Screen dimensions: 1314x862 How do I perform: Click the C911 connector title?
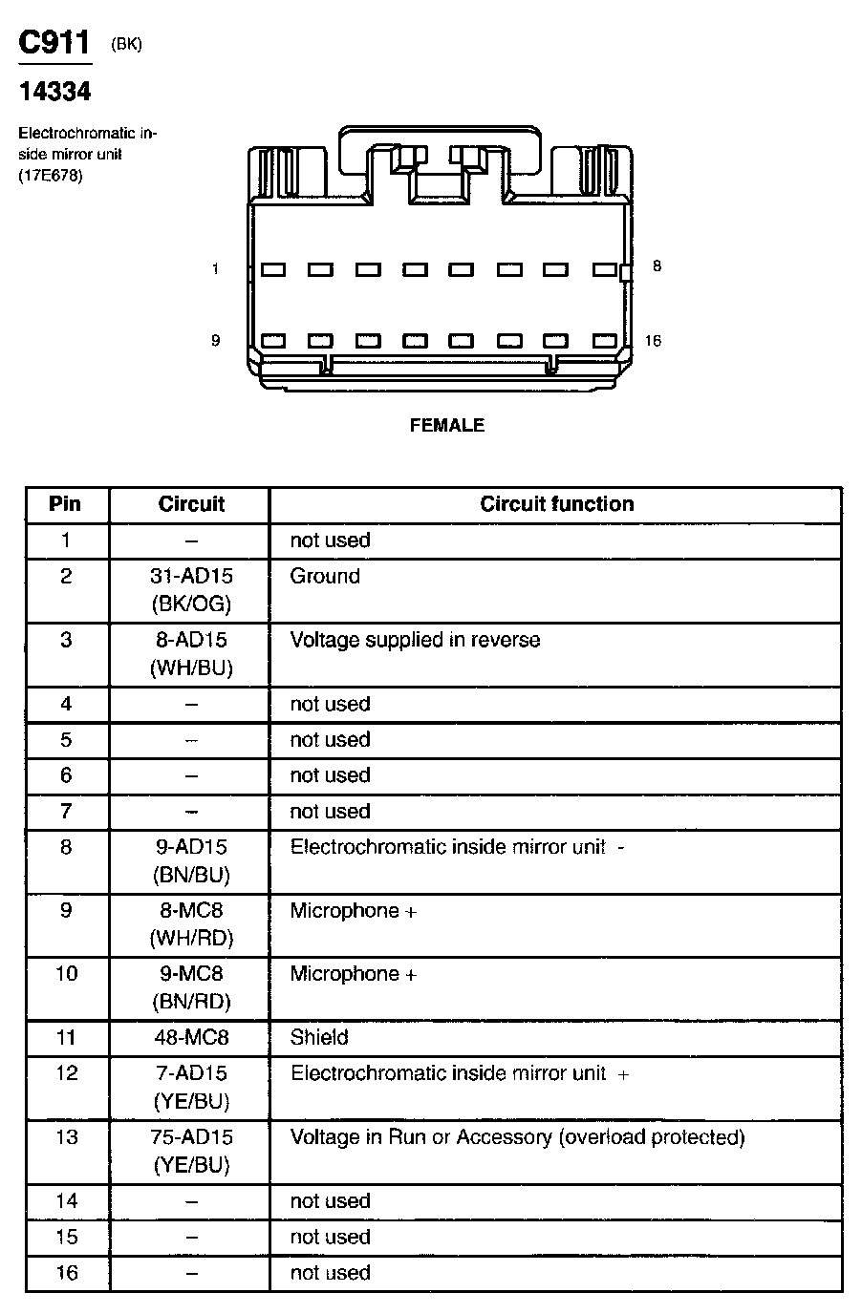pos(54,42)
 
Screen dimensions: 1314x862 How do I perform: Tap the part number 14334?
pos(54,92)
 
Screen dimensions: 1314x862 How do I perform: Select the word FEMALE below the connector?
pos(447,426)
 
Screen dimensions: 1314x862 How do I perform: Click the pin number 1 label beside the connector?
pos(215,269)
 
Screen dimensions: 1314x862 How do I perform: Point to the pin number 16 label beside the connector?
pos(653,341)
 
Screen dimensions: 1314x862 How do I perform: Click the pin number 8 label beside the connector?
pos(657,266)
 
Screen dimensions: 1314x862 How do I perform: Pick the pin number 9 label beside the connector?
pos(215,341)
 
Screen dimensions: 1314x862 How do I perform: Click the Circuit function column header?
pos(556,504)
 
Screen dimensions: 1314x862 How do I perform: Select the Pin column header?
pos(66,504)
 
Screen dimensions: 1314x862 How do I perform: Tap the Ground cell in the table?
pos(325,576)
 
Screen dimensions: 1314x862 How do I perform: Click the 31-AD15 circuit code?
pos(191,576)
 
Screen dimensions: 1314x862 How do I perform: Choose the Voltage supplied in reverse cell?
pos(415,640)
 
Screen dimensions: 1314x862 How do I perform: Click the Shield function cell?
pos(319,1037)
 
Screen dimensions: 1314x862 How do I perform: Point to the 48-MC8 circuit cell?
pos(191,1037)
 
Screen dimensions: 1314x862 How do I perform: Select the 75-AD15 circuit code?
pos(191,1137)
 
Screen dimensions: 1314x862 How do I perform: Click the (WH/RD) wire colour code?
pos(191,938)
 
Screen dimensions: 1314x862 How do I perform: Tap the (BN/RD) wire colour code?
pos(191,1002)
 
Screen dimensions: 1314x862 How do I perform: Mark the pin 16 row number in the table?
pos(66,1273)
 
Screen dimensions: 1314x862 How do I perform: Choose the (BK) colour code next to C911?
pos(126,44)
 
